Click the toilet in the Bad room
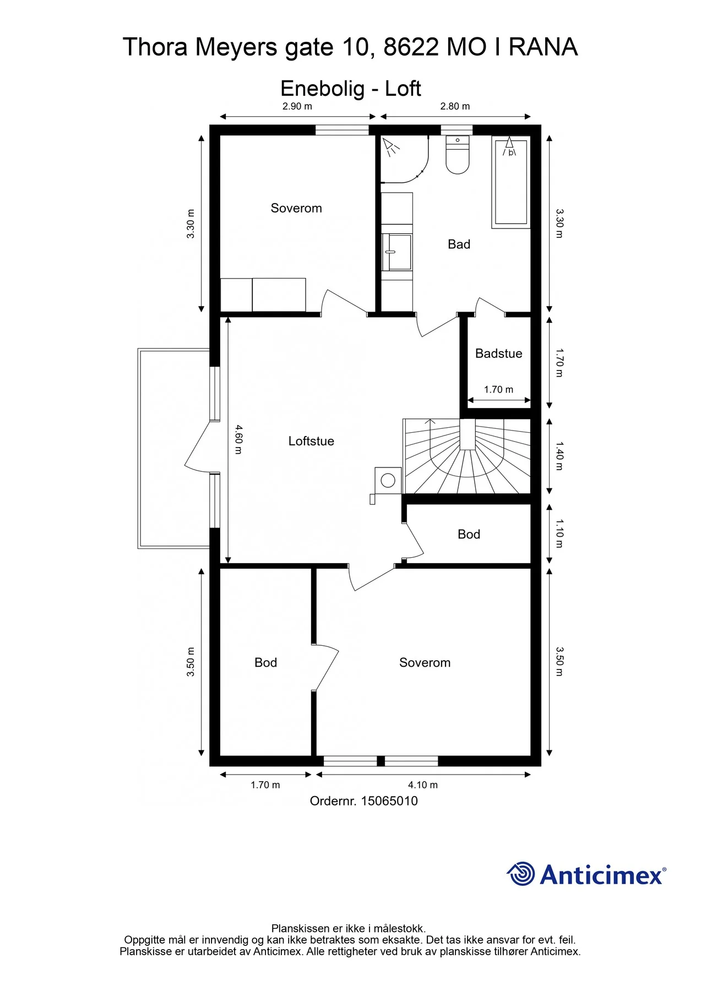(457, 155)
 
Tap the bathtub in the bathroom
(511, 182)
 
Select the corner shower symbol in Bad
(405, 159)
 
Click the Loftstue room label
(311, 441)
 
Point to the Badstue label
(498, 353)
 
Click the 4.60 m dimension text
(238, 439)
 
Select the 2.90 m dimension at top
(297, 106)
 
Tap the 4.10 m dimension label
(423, 785)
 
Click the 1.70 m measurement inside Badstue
(498, 390)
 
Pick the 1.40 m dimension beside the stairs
(559, 456)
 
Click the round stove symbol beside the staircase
(388, 480)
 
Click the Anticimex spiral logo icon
(520, 874)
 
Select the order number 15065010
(389, 801)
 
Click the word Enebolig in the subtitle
(323, 89)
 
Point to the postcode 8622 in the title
(411, 47)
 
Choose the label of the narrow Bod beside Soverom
(265, 663)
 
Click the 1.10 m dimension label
(559, 533)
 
